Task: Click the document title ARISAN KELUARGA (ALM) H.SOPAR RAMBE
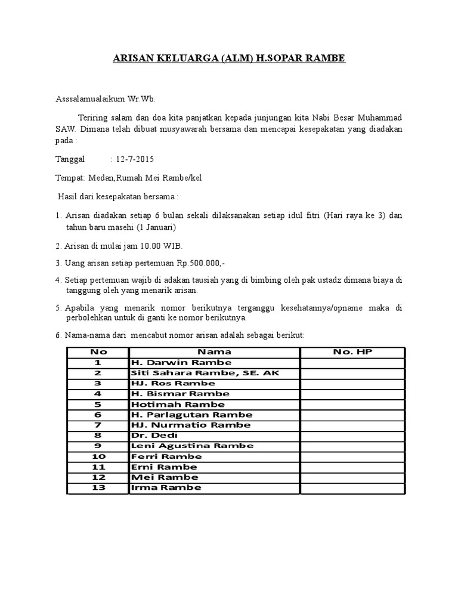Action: pos(229,58)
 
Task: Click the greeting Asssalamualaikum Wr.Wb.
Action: pos(105,98)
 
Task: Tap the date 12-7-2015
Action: pos(134,159)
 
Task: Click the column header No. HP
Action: pos(352,352)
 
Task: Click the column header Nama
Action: pos(214,352)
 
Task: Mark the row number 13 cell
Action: pos(98,487)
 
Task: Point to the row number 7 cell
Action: pos(98,425)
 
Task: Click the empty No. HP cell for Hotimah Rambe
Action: pos(352,404)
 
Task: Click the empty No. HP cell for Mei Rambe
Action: pos(352,477)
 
